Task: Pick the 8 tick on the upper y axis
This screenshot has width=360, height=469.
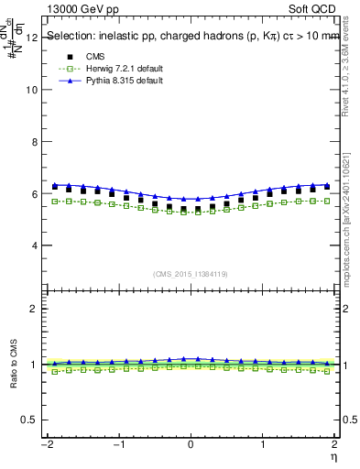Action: tap(34, 142)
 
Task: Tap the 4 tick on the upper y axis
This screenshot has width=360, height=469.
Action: tap(34, 245)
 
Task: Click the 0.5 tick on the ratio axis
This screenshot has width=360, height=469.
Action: tap(29, 420)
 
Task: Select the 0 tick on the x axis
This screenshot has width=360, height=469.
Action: tap(191, 445)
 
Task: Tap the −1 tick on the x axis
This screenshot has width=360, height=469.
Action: tap(117, 445)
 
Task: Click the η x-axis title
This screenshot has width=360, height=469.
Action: tap(335, 456)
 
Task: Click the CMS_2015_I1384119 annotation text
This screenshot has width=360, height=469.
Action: tap(191, 274)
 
